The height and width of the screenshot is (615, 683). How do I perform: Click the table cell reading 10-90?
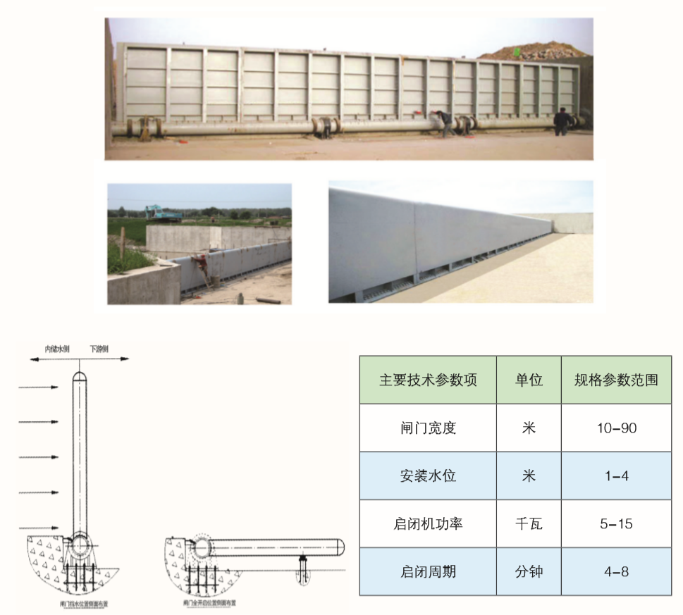pyautogui.click(x=616, y=428)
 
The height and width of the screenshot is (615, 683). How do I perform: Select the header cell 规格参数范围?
pyautogui.click(x=616, y=380)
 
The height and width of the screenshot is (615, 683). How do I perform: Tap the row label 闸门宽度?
pyautogui.click(x=428, y=428)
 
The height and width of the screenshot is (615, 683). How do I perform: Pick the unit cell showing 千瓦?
pyautogui.click(x=529, y=523)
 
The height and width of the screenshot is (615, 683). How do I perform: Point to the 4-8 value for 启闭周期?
pyautogui.click(x=616, y=571)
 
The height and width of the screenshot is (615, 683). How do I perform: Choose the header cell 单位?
pyautogui.click(x=529, y=380)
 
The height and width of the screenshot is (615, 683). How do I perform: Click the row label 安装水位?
pyautogui.click(x=428, y=476)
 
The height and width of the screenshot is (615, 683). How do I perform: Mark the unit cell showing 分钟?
pyautogui.click(x=529, y=571)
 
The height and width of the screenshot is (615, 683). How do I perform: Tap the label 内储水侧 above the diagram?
pyautogui.click(x=56, y=349)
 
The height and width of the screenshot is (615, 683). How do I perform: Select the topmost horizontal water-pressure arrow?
pyautogui.click(x=38, y=387)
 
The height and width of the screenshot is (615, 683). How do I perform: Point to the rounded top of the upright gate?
pyautogui.click(x=80, y=374)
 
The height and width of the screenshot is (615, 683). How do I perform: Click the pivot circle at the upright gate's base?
pyautogui.click(x=80, y=545)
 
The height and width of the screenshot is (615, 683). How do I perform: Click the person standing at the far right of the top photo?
pyautogui.click(x=561, y=121)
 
